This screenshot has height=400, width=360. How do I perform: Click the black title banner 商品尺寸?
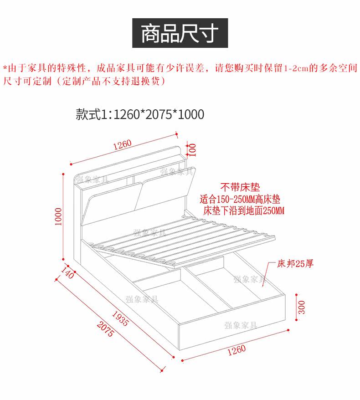[x=180, y=33]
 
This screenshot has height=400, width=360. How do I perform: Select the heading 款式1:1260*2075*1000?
[x=140, y=114]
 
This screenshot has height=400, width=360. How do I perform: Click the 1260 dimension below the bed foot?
[x=236, y=350]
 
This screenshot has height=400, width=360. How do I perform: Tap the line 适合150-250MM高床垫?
[x=240, y=199]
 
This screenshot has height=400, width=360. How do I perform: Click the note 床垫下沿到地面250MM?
[x=244, y=210]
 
